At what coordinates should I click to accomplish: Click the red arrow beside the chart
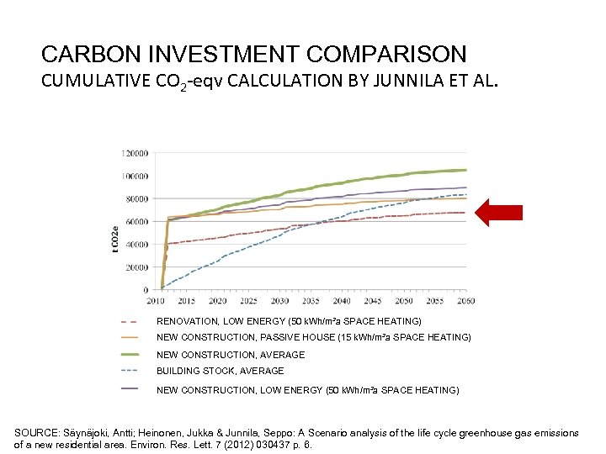click(x=499, y=213)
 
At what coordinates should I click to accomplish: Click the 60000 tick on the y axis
click(x=137, y=222)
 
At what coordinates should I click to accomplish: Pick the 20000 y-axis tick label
click(x=137, y=267)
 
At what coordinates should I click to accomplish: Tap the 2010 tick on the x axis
click(x=156, y=300)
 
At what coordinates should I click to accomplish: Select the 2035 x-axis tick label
click(x=311, y=300)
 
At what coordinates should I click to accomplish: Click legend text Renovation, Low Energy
click(x=289, y=321)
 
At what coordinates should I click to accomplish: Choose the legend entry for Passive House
click(x=314, y=337)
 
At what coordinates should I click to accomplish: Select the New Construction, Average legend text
click(x=231, y=355)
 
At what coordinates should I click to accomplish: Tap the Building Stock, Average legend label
click(x=221, y=371)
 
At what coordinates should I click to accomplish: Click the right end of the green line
click(x=465, y=170)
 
